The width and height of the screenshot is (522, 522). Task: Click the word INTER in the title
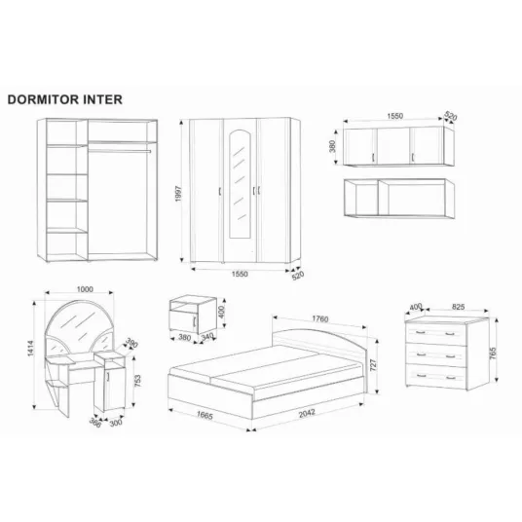click(x=103, y=99)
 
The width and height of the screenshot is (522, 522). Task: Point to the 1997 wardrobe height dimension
click(x=178, y=194)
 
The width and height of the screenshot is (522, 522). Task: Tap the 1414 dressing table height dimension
click(x=30, y=349)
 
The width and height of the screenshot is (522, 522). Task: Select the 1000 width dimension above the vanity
click(x=85, y=289)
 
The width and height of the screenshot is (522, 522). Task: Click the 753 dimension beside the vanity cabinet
click(x=137, y=381)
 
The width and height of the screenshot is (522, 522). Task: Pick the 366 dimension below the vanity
click(x=94, y=423)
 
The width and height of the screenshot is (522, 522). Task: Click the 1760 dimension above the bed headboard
click(x=320, y=318)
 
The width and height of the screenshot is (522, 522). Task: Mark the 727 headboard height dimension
click(x=373, y=365)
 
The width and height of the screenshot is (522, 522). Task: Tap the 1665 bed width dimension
click(x=205, y=415)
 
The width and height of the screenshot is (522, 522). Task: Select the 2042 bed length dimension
click(x=307, y=413)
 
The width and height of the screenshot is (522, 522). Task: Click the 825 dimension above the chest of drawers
click(x=458, y=307)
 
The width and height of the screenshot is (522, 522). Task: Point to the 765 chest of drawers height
click(x=493, y=354)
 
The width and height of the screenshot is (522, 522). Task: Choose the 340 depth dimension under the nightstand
click(x=207, y=337)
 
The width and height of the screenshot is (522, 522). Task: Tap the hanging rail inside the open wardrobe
click(x=120, y=152)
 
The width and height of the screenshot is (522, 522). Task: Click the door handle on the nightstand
click(x=195, y=321)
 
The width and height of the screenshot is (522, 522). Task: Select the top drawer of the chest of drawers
click(x=436, y=333)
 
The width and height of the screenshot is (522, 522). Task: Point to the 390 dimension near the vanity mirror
click(x=131, y=343)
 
